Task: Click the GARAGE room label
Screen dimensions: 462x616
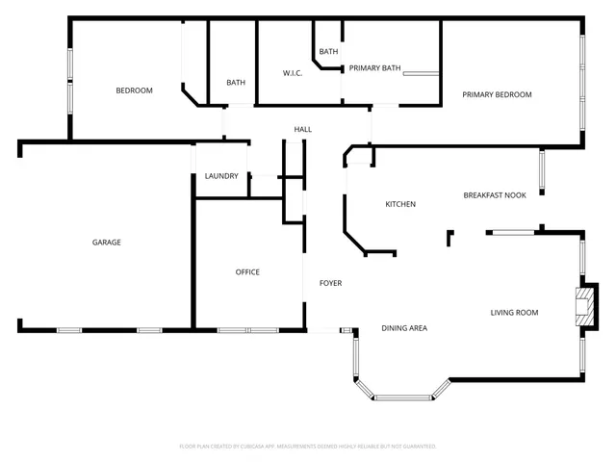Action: coord(106,243)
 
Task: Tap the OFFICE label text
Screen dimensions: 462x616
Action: coord(247,272)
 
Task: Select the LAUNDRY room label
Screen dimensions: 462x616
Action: coord(221,176)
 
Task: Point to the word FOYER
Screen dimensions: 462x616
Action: coord(330,283)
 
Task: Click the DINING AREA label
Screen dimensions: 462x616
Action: coord(404,328)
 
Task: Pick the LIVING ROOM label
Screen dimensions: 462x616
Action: coord(514,313)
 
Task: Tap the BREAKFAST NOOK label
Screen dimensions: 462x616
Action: coord(495,195)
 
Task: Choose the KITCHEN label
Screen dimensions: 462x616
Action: coord(400,204)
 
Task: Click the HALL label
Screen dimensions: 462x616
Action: coord(303,129)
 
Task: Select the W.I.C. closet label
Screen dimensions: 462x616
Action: coord(294,73)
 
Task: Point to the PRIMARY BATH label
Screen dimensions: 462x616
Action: coord(374,68)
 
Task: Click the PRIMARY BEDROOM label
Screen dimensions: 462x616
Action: coord(497,94)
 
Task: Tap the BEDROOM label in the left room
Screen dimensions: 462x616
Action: coord(134,90)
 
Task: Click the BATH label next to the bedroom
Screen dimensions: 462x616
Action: coord(236,83)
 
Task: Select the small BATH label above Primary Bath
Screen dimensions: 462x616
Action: coord(328,52)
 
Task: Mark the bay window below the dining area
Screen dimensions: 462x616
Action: coord(402,396)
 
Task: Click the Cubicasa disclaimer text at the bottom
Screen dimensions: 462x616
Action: coord(308,447)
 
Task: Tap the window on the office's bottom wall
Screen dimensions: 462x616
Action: coord(247,330)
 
